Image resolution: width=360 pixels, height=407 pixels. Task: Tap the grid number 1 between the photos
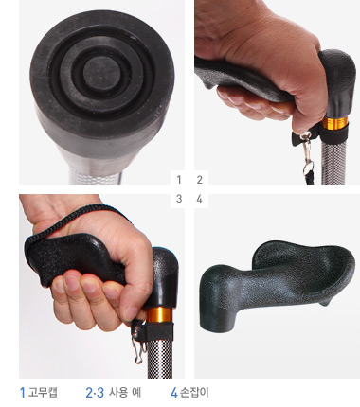pos(179,180)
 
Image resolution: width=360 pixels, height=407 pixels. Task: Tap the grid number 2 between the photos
pos(199,180)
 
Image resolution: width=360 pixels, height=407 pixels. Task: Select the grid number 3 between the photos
pos(179,199)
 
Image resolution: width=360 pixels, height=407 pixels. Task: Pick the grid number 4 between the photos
pos(199,199)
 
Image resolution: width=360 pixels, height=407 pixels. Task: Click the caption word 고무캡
pos(43,393)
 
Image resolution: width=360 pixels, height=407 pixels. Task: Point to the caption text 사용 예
pos(125,393)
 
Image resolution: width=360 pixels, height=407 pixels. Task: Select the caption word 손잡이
pos(194,393)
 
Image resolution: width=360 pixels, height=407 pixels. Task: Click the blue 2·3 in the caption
pos(95,393)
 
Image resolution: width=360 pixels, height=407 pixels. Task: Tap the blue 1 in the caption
pos(22,393)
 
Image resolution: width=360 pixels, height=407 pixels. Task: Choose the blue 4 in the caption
pos(174,393)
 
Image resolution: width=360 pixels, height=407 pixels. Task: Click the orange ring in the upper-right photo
pos(335,123)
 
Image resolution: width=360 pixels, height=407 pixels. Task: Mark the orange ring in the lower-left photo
pos(160,314)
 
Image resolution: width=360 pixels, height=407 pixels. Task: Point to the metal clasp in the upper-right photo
pos(307,154)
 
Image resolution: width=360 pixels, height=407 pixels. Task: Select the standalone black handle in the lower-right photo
pos(273,286)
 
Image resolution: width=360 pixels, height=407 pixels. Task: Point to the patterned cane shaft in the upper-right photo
pos(334,161)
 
